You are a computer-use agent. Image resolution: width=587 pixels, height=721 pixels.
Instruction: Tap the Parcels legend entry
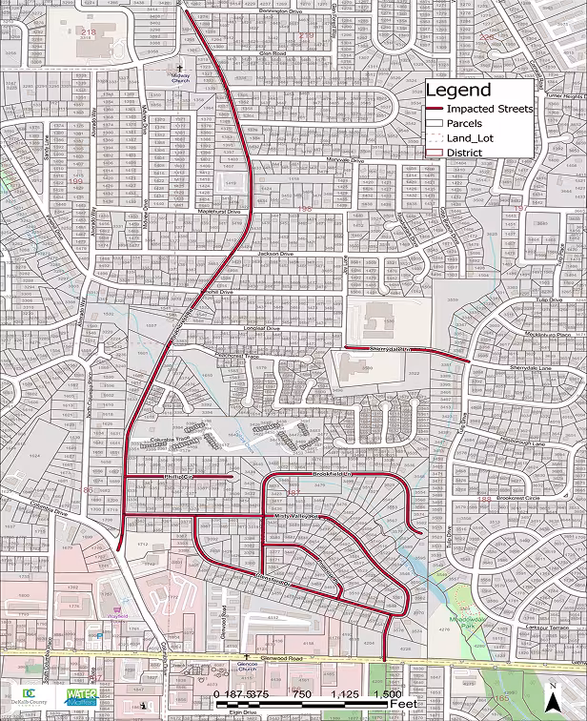pos(466,123)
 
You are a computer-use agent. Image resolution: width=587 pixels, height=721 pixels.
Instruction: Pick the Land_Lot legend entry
pos(470,138)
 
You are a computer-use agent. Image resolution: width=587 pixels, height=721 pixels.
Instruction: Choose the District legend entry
pos(464,153)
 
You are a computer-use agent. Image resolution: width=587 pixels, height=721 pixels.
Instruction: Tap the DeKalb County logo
pos(29,696)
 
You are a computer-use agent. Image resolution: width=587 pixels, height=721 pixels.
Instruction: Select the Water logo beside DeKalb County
pos(81,696)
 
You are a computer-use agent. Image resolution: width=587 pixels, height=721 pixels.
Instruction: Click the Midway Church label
pos(181,78)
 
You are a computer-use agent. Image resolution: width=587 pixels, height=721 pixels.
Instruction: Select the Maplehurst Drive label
pos(219,212)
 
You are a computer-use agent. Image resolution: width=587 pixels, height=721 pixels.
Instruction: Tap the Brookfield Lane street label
pos(333,473)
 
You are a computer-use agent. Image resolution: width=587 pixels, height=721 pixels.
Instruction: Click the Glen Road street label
pos(273,53)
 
